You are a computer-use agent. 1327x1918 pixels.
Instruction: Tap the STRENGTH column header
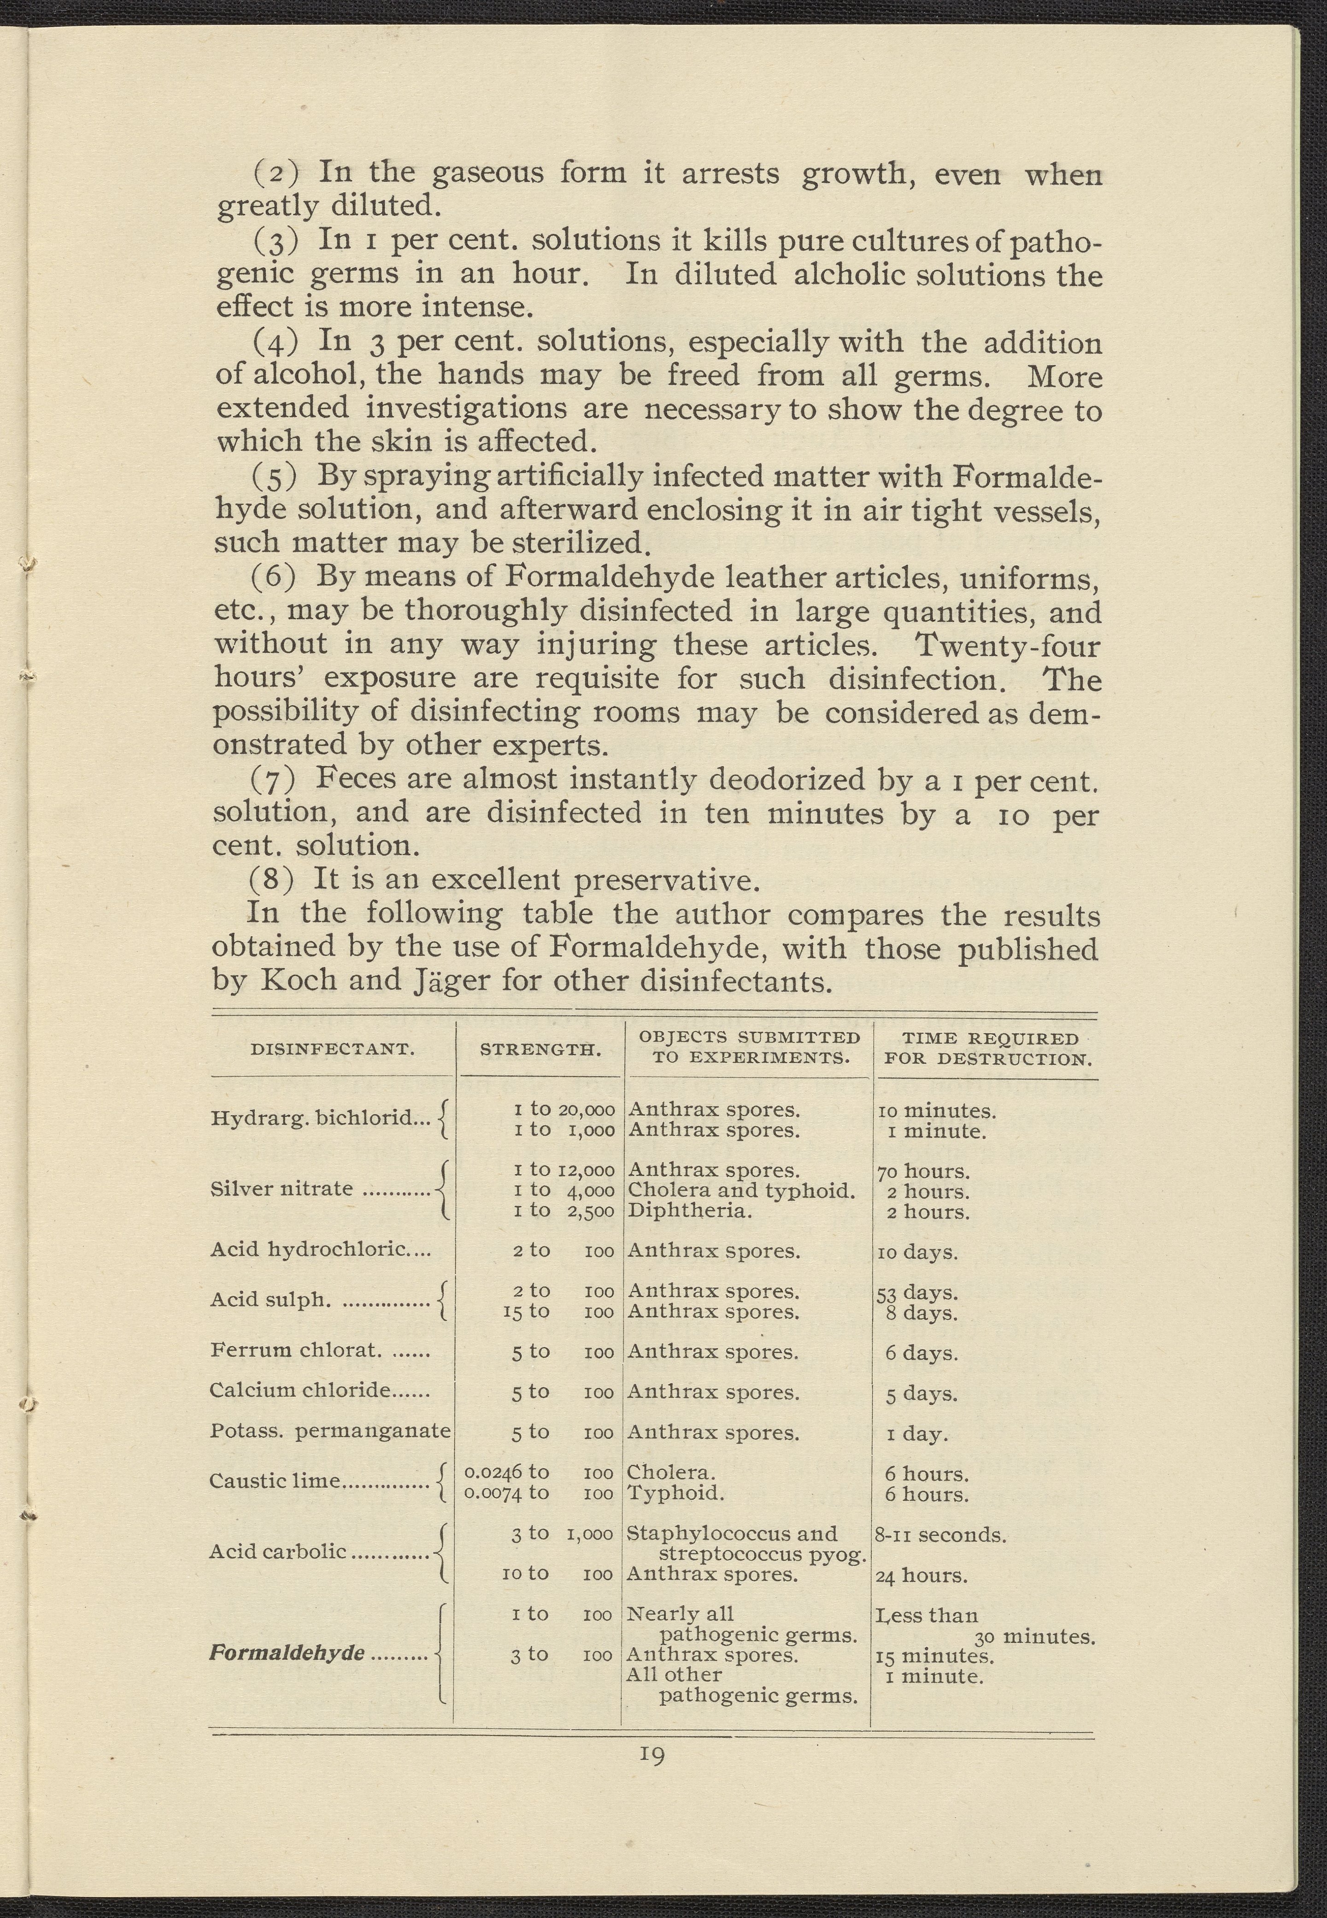click(540, 1050)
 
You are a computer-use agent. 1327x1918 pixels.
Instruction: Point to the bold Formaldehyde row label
click(287, 1653)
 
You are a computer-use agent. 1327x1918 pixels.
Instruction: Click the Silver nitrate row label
click(281, 1189)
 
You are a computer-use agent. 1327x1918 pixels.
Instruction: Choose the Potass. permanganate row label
click(330, 1431)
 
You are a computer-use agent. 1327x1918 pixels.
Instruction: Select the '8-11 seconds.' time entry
click(940, 1534)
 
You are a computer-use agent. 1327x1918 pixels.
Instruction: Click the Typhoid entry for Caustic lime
click(674, 1493)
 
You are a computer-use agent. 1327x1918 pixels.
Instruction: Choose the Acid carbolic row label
click(278, 1551)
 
